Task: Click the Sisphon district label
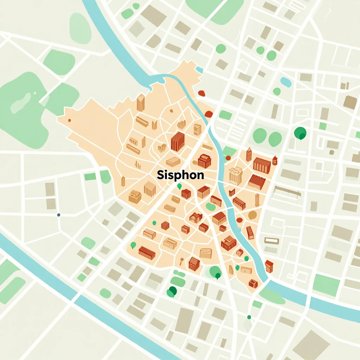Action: [x=180, y=175]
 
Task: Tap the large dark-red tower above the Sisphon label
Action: [x=178, y=141]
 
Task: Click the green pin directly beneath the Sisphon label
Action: [x=180, y=186]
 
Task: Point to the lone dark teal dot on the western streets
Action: [x=58, y=215]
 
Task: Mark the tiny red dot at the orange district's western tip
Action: [x=69, y=120]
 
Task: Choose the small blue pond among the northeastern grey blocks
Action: [x=286, y=82]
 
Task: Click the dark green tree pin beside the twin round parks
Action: [x=300, y=133]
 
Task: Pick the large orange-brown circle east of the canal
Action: [x=252, y=215]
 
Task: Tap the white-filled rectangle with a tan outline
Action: [x=271, y=241]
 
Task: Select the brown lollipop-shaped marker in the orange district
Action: [x=182, y=261]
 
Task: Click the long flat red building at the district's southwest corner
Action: [x=147, y=252]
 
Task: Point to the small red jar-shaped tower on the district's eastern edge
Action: [x=275, y=161]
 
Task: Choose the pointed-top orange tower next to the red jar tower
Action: [x=249, y=154]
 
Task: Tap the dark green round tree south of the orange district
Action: [x=172, y=291]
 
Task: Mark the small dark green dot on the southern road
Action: [x=249, y=317]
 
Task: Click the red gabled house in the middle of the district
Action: [x=195, y=218]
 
